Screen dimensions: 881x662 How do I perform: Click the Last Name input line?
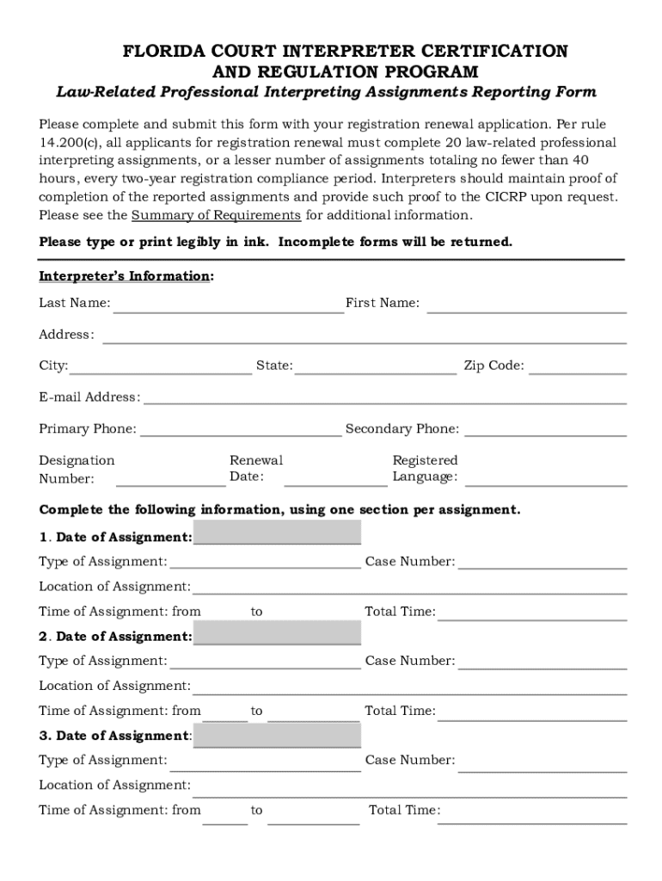click(228, 305)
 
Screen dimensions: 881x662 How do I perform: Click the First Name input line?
click(526, 305)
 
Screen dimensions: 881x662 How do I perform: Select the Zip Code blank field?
click(578, 368)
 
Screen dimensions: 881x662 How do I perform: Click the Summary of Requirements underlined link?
click(216, 215)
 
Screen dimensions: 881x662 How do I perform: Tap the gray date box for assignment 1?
click(277, 534)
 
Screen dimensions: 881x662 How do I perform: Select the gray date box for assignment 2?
click(277, 634)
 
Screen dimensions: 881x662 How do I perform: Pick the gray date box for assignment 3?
click(277, 736)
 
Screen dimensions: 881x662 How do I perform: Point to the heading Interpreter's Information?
click(125, 276)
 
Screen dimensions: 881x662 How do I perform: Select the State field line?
click(375, 368)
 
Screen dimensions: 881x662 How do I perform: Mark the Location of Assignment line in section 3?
click(409, 787)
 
